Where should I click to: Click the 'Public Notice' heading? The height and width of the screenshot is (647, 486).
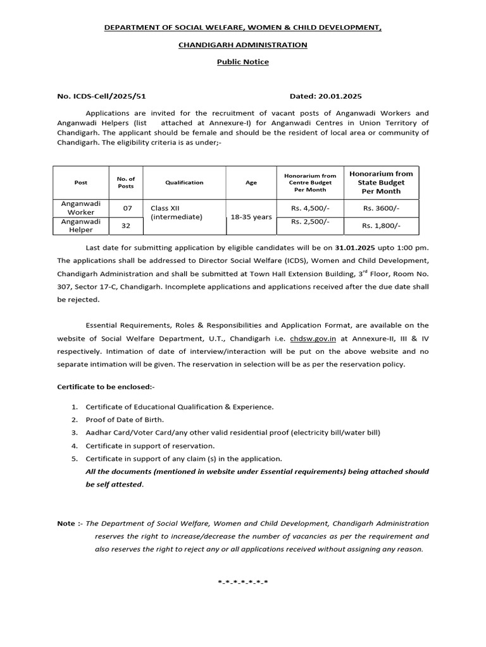pos(243,62)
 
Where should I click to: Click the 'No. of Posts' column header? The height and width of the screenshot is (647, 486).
pos(126,183)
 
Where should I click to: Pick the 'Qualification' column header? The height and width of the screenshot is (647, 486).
pos(184,183)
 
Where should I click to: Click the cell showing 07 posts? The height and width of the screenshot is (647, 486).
pos(126,208)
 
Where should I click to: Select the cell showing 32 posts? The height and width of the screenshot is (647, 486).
pos(126,226)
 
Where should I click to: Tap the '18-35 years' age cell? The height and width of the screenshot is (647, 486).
pos(251,217)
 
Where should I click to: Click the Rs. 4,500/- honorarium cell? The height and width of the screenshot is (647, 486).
pos(310,207)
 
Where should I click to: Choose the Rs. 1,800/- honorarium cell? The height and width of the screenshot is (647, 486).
pos(381,226)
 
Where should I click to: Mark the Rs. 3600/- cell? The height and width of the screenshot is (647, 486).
pos(381,208)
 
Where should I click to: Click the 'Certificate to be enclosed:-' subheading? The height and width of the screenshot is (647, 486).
pos(106,386)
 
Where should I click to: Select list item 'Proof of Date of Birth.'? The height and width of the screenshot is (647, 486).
pos(125,420)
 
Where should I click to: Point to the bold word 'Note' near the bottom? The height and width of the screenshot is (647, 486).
pos(66,523)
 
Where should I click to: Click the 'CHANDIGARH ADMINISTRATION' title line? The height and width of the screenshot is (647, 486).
pos(243,45)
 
